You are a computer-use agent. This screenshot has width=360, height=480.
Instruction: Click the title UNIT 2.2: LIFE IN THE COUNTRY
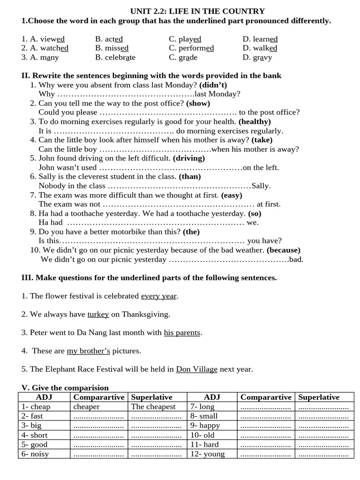(197, 11)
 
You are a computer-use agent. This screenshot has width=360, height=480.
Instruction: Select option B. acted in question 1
(109, 39)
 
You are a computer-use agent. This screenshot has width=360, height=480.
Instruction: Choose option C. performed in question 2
(191, 48)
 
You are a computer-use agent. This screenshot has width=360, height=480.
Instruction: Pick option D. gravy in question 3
(257, 58)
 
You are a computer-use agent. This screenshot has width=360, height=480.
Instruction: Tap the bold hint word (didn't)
(213, 85)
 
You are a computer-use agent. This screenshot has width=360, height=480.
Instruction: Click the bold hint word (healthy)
(255, 121)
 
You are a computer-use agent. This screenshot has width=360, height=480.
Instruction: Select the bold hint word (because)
(284, 250)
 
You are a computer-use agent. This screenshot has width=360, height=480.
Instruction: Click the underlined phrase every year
(159, 296)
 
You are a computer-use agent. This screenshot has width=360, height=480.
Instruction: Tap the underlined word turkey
(98, 314)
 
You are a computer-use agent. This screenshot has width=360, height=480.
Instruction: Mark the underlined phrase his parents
(182, 332)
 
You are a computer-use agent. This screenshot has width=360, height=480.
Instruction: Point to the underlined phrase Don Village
(196, 369)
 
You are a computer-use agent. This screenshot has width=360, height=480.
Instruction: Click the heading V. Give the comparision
(65, 388)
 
